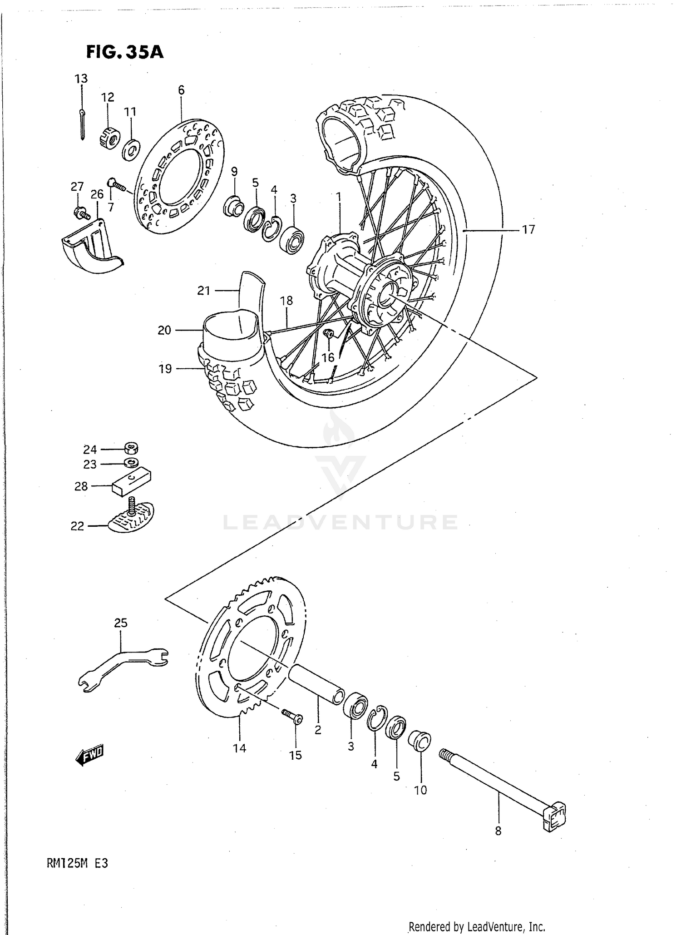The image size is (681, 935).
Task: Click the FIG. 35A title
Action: click(124, 53)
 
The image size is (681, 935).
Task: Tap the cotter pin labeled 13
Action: click(81, 124)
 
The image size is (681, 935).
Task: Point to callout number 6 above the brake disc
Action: click(181, 90)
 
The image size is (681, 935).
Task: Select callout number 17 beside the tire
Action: click(528, 230)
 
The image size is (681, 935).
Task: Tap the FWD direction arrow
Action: click(90, 756)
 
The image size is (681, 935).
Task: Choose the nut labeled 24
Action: click(132, 449)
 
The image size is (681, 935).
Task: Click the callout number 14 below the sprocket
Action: click(239, 748)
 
